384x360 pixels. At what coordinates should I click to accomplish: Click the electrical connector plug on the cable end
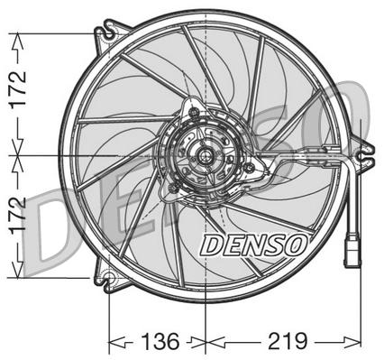351,246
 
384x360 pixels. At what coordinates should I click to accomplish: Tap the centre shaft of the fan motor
207,156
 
